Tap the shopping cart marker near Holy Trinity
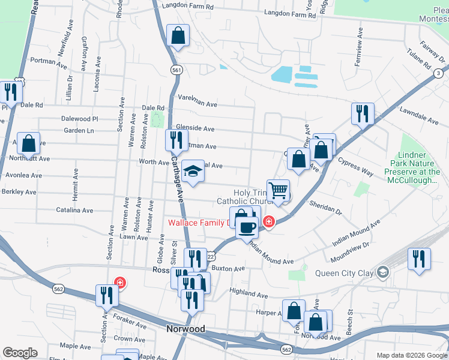click(x=278, y=191)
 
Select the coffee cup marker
click(x=246, y=227)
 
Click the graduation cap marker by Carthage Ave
click(x=193, y=173)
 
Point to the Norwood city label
click(x=185, y=329)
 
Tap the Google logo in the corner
click(x=20, y=353)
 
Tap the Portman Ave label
click(x=43, y=61)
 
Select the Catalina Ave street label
click(x=75, y=211)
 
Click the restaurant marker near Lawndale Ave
click(x=363, y=113)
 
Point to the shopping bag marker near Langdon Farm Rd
click(x=178, y=36)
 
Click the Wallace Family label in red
click(x=198, y=223)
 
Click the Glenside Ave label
click(x=195, y=128)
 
